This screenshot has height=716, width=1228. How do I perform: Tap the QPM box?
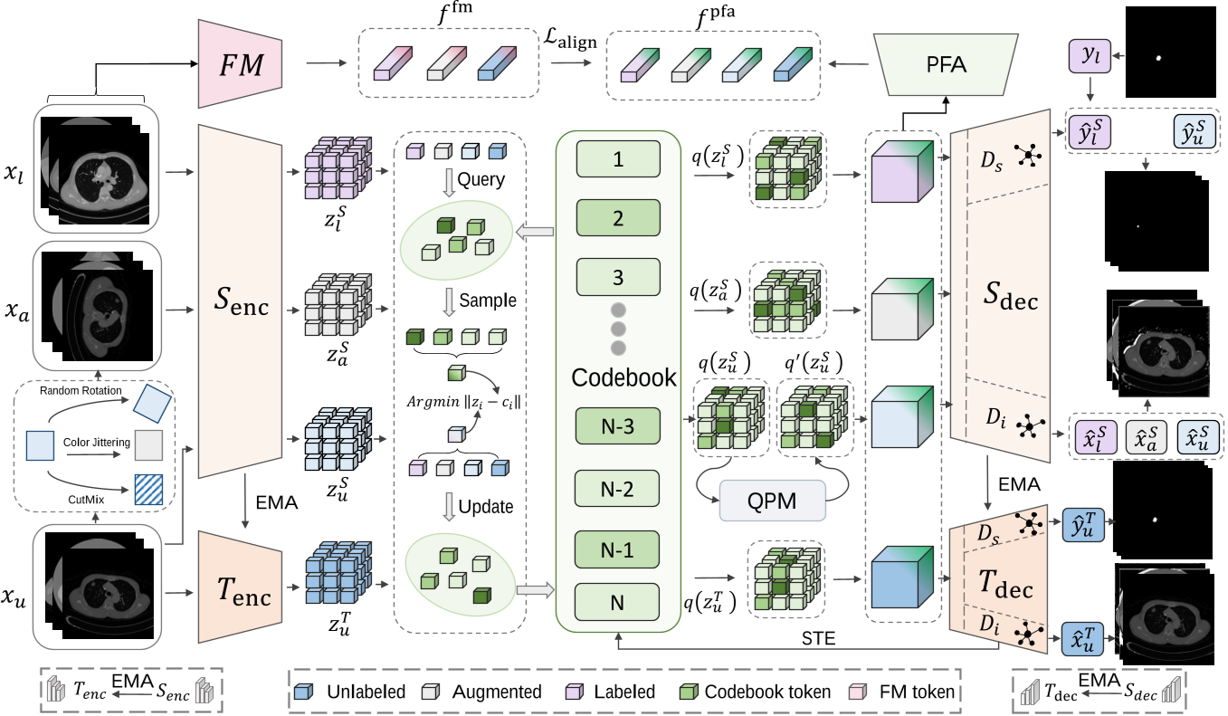[773, 500]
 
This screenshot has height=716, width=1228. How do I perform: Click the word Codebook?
[624, 377]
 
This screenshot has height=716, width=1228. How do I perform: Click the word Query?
[481, 179]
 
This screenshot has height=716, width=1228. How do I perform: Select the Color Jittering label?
[97, 442]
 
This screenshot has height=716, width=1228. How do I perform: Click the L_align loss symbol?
[564, 40]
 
